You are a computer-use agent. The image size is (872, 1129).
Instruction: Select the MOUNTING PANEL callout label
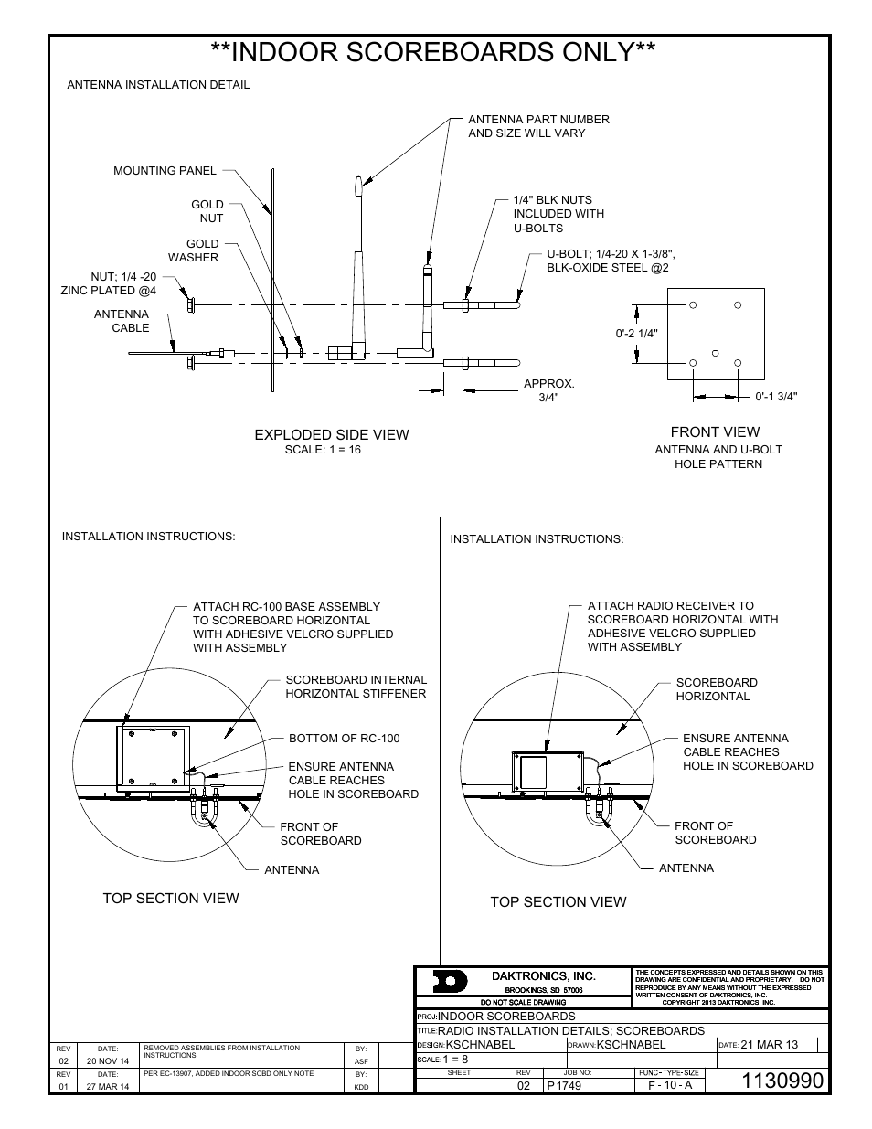(x=165, y=170)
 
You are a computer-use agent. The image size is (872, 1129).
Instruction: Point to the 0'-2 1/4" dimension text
(x=636, y=334)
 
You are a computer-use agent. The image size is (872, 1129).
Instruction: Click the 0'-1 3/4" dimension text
(x=777, y=397)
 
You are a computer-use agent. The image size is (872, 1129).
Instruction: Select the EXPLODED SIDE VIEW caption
(x=331, y=435)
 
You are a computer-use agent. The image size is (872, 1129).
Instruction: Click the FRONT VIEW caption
(x=715, y=432)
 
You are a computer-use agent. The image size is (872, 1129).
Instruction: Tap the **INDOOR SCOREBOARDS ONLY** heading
(x=432, y=53)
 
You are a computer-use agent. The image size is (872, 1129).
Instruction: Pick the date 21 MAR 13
(x=769, y=1045)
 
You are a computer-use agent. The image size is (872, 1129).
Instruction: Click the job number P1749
(x=563, y=1085)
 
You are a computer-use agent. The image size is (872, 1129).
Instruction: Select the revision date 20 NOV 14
(x=107, y=1061)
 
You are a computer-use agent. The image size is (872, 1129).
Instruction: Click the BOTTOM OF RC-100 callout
(x=344, y=739)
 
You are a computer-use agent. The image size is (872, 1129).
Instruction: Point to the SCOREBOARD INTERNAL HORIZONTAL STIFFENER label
(x=356, y=687)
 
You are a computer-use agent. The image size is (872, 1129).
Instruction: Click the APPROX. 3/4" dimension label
(x=548, y=390)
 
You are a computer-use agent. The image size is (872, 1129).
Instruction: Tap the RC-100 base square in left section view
(x=152, y=757)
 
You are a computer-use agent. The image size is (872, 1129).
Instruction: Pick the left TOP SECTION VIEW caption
(x=170, y=899)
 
